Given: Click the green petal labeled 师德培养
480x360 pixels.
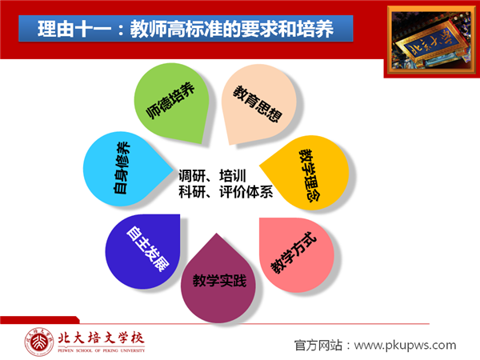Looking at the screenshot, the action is pyautogui.click(x=171, y=102).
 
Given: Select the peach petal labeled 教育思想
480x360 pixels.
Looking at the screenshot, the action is pyautogui.click(x=259, y=102).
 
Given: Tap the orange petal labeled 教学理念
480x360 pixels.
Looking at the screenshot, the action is pyautogui.click(x=306, y=172).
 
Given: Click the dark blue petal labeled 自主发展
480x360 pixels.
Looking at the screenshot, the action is pyautogui.click(x=144, y=250).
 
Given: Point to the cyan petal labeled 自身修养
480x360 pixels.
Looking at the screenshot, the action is pyautogui.click(x=126, y=169).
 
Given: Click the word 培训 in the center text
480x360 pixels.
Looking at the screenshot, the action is pyautogui.click(x=233, y=176).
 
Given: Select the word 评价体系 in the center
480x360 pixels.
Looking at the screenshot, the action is pyautogui.click(x=246, y=192).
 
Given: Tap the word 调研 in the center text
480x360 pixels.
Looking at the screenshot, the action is pyautogui.click(x=192, y=176).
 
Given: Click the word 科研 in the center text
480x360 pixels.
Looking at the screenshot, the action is pyautogui.click(x=192, y=192).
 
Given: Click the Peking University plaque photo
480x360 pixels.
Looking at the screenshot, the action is pyautogui.click(x=432, y=41).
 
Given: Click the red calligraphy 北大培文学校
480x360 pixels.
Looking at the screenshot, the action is pyautogui.click(x=101, y=338).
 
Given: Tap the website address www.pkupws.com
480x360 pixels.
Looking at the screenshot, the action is pyautogui.click(x=406, y=346).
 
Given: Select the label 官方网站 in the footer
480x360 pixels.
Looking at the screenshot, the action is pyautogui.click(x=318, y=346).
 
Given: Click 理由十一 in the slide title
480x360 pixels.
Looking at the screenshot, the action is pyautogui.click(x=74, y=29).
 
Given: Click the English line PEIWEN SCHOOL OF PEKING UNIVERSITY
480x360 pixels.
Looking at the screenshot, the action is pyautogui.click(x=102, y=350).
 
